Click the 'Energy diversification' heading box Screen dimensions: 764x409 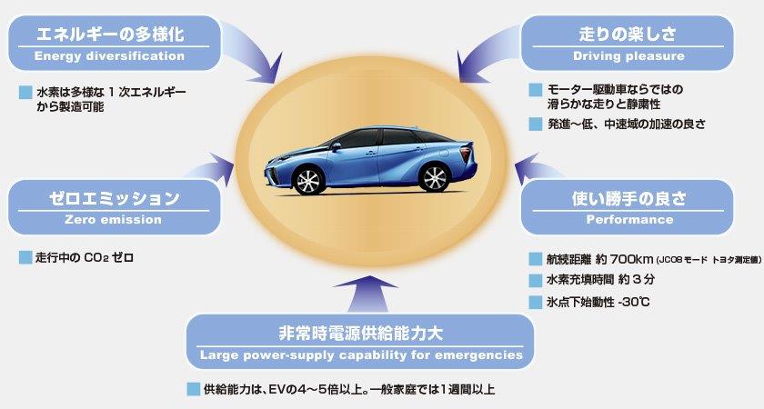[115, 43]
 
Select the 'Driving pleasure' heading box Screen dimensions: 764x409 [628, 43]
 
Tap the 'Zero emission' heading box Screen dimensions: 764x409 [115, 207]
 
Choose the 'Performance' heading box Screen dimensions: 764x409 [628, 207]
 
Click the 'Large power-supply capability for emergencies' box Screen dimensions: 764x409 [360, 342]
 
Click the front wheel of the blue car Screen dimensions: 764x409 [308, 180]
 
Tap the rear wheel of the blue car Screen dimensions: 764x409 [434, 177]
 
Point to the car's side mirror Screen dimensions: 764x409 [336, 146]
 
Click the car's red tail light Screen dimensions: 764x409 [467, 155]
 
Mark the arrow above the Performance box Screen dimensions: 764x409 [536, 168]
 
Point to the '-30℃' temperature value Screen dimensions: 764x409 [633, 302]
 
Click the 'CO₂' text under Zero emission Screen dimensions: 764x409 [96, 257]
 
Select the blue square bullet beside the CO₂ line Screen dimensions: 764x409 [25, 257]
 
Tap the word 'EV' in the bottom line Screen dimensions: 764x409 [276, 390]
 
